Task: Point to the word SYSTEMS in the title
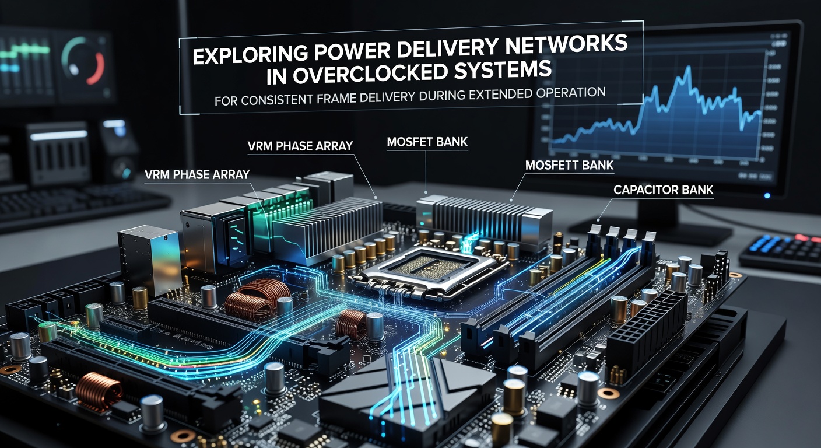click(x=503, y=69)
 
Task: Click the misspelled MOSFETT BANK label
click(x=569, y=165)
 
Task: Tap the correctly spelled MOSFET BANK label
click(x=427, y=142)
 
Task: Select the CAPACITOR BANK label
click(x=664, y=190)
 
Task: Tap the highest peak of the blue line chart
click(x=689, y=67)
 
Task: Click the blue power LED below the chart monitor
click(x=767, y=196)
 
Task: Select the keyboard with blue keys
click(x=781, y=251)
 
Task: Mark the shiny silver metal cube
click(x=149, y=260)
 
